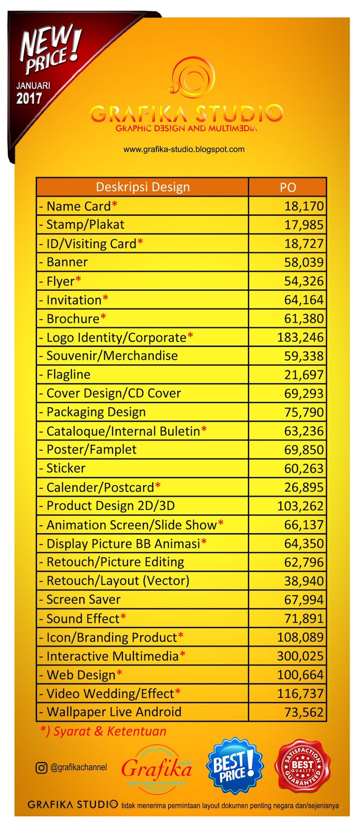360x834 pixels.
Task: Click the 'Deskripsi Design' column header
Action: coord(142,187)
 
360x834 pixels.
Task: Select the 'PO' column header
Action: coord(288,188)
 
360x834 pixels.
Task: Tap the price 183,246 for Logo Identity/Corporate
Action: coord(300,337)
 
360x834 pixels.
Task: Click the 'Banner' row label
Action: coord(67,262)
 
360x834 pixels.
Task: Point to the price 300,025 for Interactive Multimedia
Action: coord(300,656)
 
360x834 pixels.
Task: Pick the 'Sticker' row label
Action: coord(66,468)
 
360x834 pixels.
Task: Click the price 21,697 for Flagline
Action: coord(304,375)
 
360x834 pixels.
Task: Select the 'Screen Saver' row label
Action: coord(83,599)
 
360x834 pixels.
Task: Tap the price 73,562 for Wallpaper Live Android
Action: coord(304,712)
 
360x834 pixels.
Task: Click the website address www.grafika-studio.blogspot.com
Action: coord(184,149)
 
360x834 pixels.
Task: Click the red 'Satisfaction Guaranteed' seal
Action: coord(303,766)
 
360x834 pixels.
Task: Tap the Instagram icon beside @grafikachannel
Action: coord(41,767)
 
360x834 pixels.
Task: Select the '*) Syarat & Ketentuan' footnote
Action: coord(103,731)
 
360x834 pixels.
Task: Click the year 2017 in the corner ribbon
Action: coord(29,97)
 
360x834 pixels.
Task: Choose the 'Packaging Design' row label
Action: coord(96,412)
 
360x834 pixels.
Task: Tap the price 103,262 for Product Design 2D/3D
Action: coord(300,506)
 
